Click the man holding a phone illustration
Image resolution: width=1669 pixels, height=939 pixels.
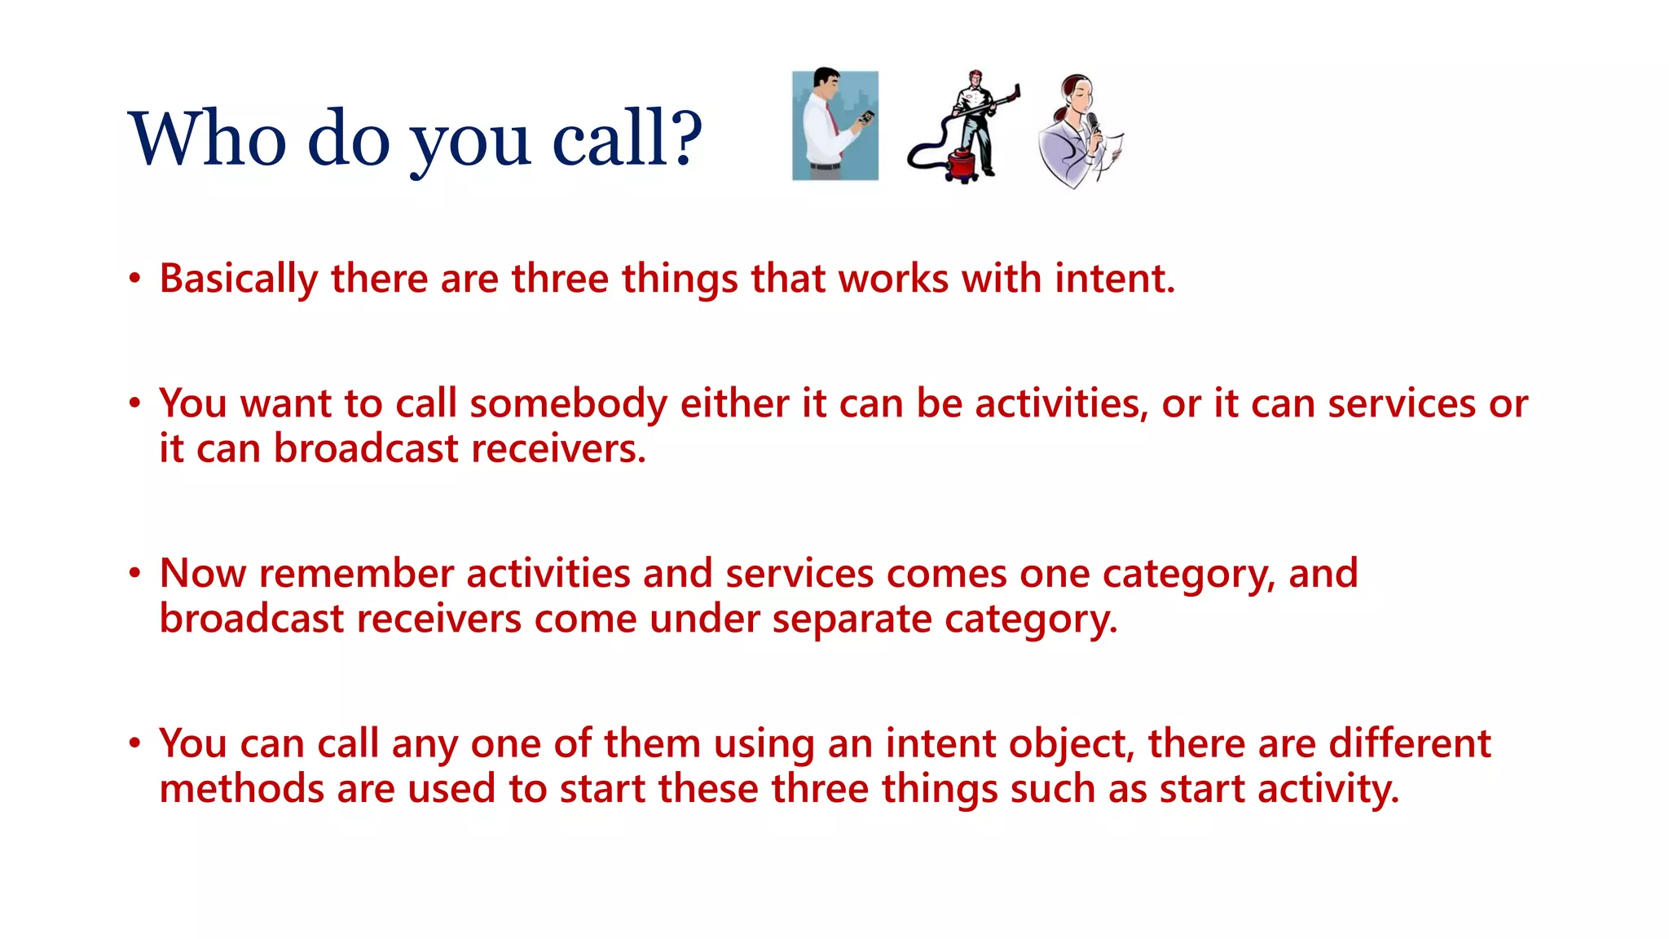[834, 125]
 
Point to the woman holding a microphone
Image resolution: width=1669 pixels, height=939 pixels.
[1078, 130]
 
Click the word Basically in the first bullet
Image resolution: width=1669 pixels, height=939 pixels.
[238, 279]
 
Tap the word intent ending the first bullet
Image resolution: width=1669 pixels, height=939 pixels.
[1114, 279]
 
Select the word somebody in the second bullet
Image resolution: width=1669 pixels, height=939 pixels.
[568, 404]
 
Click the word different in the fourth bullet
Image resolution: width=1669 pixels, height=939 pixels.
[1410, 744]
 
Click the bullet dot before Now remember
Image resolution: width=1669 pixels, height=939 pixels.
[135, 573]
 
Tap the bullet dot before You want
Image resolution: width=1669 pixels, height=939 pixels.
[135, 403]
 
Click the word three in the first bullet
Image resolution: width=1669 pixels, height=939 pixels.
[560, 279]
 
